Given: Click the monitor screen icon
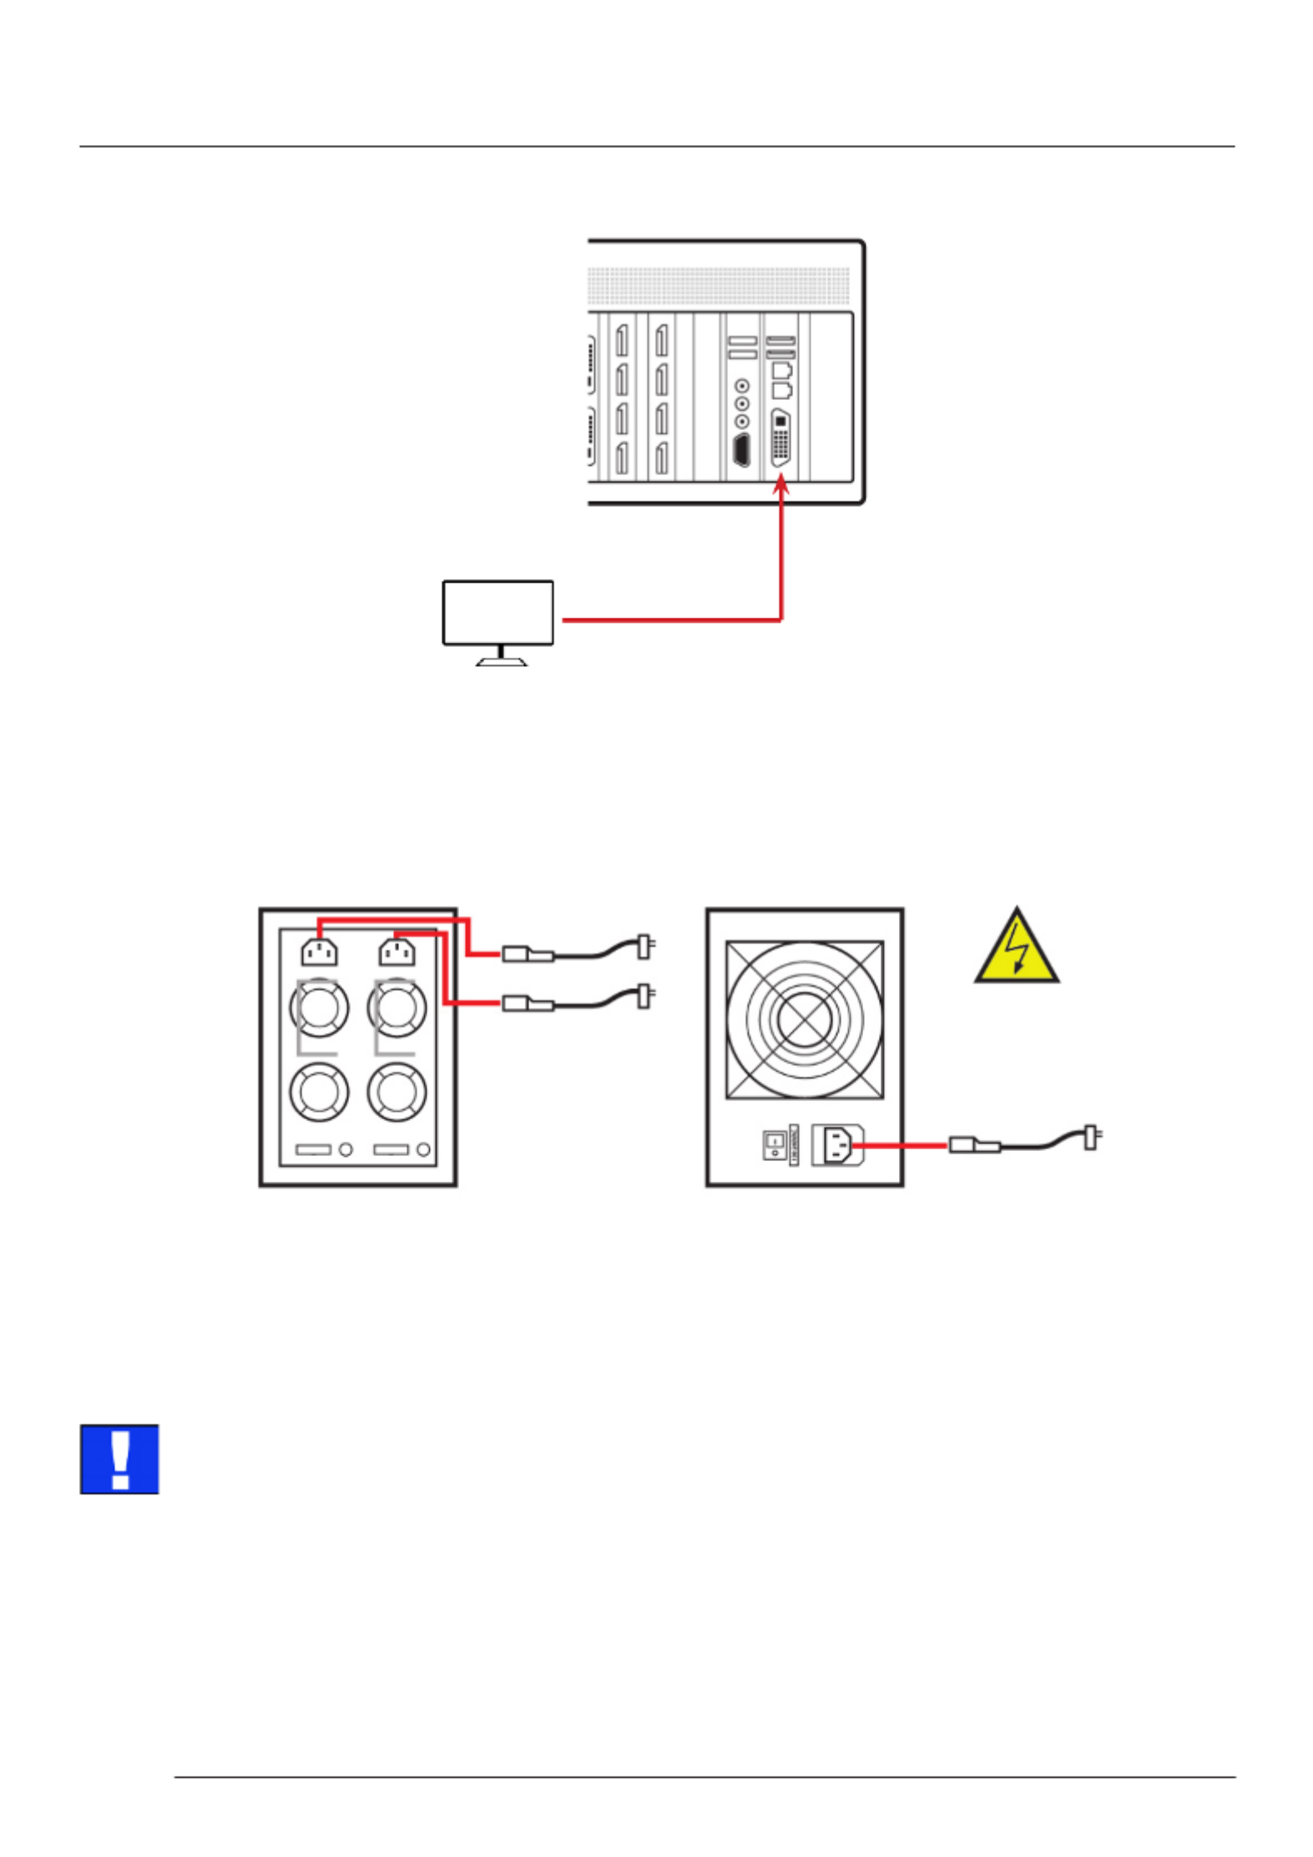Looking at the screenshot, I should [497, 613].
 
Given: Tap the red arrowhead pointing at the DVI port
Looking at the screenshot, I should [781, 483].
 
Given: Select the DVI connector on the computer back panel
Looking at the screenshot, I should [781, 438].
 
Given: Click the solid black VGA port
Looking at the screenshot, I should [741, 450].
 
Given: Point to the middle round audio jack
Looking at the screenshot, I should [741, 403].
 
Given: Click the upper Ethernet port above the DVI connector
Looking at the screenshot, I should [781, 370].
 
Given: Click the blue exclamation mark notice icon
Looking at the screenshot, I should [119, 1459].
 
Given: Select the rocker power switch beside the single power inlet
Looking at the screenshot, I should [774, 1144].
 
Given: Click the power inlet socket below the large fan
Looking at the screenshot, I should [836, 1144].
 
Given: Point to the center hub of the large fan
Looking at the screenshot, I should [803, 1019].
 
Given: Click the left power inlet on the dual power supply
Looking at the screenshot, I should [319, 952].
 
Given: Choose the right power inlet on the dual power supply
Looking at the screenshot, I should [397, 952].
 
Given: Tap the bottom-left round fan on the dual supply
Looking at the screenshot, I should [318, 1091].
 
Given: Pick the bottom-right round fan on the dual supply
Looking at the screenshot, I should [397, 1091].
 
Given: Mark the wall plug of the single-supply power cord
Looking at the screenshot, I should [1091, 1137].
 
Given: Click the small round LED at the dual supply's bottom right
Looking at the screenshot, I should [423, 1150].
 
